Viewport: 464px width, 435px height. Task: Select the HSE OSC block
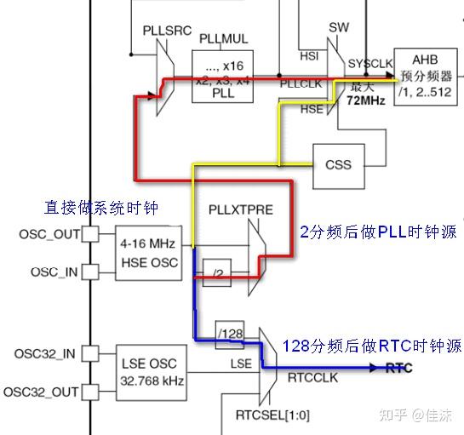click(x=150, y=254)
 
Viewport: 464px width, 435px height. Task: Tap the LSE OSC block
click(x=150, y=372)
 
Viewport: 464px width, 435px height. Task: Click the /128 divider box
click(x=230, y=332)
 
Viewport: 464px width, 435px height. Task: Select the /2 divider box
click(x=220, y=272)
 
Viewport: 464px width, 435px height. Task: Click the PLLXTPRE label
click(x=240, y=209)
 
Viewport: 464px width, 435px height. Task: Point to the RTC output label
click(x=399, y=369)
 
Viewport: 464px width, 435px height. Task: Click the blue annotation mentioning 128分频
click(x=372, y=346)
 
